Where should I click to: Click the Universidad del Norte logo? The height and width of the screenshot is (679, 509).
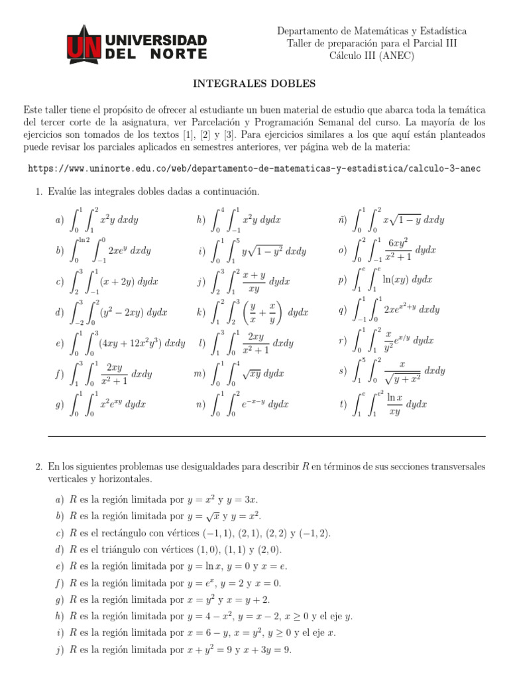click(137, 44)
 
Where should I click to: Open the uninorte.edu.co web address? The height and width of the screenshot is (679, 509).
click(254, 168)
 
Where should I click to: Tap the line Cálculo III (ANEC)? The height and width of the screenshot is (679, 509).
click(371, 56)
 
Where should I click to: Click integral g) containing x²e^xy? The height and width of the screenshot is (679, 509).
click(106, 404)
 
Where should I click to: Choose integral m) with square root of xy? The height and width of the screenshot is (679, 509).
click(245, 373)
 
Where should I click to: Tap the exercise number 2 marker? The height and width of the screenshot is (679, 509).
click(38, 466)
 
